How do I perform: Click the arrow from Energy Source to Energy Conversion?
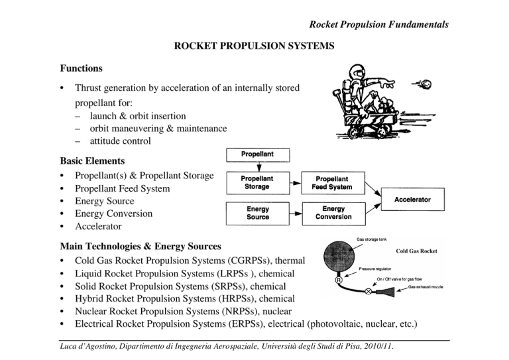[296, 213]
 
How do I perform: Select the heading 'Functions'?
[81, 68]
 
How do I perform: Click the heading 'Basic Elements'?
[92, 160]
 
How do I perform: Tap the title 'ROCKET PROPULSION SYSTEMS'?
[254, 46]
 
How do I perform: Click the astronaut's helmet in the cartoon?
[357, 72]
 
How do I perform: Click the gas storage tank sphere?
[339, 256]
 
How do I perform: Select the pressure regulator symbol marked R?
[339, 280]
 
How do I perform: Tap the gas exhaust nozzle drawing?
[386, 292]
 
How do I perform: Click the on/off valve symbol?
[368, 291]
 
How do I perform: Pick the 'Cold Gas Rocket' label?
[416, 251]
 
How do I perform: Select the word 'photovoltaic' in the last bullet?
[335, 324]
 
